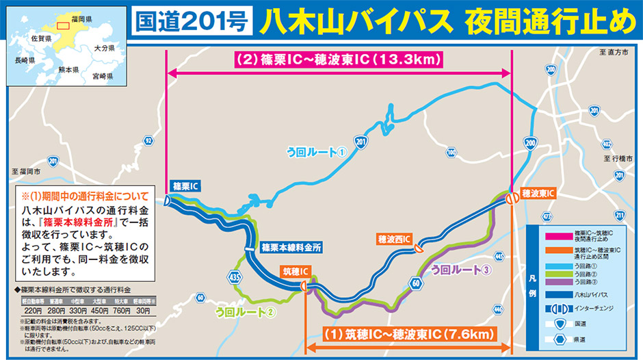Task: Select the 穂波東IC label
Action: coord(538,193)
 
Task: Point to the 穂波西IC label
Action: coord(394,239)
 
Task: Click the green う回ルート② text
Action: coord(246,313)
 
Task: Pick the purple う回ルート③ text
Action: coord(461,269)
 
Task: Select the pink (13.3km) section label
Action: coord(339,59)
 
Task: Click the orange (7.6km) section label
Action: coord(408,335)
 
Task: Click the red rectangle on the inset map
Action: coord(63,26)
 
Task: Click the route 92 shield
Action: coord(148,140)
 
